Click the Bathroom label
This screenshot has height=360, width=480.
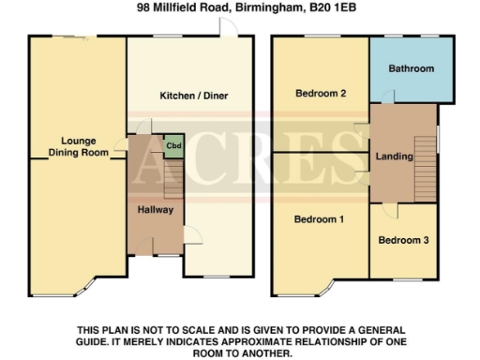pos(412,69)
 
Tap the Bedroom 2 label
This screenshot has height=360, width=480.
pos(322,94)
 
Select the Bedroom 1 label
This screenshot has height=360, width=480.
pos(319,219)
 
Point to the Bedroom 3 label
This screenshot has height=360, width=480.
pos(403,240)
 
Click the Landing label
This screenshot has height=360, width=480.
pos(394,157)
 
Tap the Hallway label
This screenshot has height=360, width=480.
pos(155,210)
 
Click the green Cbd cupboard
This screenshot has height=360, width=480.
pos(172,145)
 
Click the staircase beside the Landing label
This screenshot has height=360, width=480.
pos(427,159)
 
